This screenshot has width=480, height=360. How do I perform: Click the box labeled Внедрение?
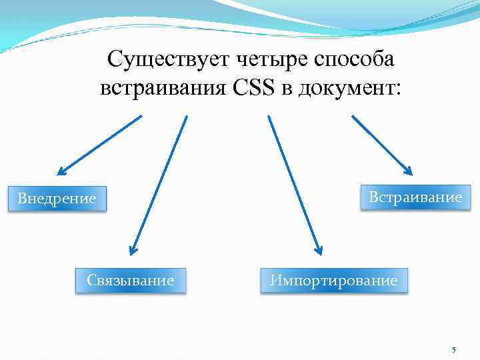point(57,199)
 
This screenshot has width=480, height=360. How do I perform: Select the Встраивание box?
point(411,197)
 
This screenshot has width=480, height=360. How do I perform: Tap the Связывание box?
point(130,281)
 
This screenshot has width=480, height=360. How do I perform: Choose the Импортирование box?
point(333,281)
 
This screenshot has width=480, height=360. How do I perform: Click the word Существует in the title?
point(167,60)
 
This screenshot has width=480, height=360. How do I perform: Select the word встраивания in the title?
point(164,88)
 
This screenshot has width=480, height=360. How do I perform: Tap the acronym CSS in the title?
point(255,88)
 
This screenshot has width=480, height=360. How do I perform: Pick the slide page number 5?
point(454,350)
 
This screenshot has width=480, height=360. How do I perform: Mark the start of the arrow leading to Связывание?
point(187,117)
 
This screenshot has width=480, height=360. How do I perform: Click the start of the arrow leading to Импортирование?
point(269,117)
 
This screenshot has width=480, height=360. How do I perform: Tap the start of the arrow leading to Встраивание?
point(353,117)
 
